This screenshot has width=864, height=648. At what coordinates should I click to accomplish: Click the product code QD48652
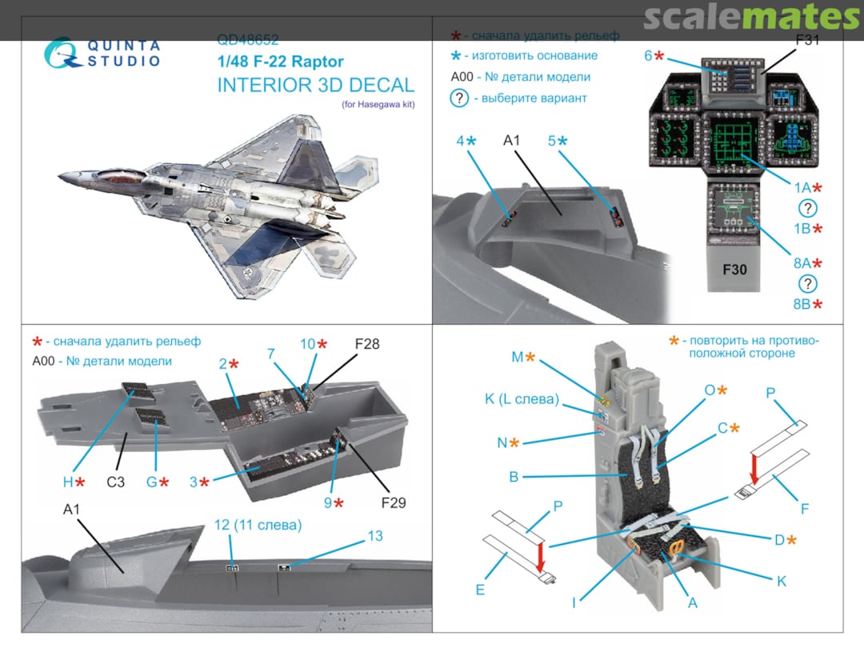pyautogui.click(x=247, y=39)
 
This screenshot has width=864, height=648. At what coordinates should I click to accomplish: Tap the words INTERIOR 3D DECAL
pyautogui.click(x=316, y=85)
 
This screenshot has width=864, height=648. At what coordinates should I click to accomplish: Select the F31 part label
pyautogui.click(x=807, y=40)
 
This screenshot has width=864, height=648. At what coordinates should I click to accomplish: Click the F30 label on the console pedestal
pyautogui.click(x=734, y=270)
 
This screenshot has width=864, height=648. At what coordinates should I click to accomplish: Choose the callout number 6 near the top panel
pyautogui.click(x=649, y=56)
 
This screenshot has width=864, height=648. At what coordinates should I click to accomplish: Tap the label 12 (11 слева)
pyautogui.click(x=258, y=526)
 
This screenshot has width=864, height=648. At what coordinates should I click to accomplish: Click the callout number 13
pyautogui.click(x=374, y=536)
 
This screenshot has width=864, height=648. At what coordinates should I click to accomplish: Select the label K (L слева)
pyautogui.click(x=521, y=399)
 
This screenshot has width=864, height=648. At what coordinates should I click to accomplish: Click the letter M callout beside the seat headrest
pyautogui.click(x=518, y=357)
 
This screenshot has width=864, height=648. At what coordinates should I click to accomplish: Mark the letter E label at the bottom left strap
pyautogui.click(x=480, y=590)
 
